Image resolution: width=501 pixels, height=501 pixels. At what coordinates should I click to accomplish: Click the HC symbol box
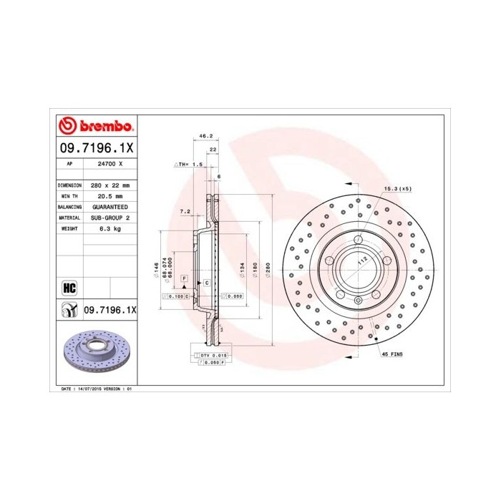pyautogui.click(x=69, y=288)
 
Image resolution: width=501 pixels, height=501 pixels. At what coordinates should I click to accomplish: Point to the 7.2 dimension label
pyautogui.click(x=184, y=211)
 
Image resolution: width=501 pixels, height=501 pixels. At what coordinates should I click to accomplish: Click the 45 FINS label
pyautogui.click(x=392, y=354)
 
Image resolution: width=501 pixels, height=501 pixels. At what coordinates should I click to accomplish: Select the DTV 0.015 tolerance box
pyautogui.click(x=210, y=355)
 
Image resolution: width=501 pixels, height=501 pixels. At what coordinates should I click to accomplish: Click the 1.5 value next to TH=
pyautogui.click(x=198, y=165)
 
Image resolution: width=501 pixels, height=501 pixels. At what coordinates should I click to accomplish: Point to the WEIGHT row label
pyautogui.click(x=69, y=228)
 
